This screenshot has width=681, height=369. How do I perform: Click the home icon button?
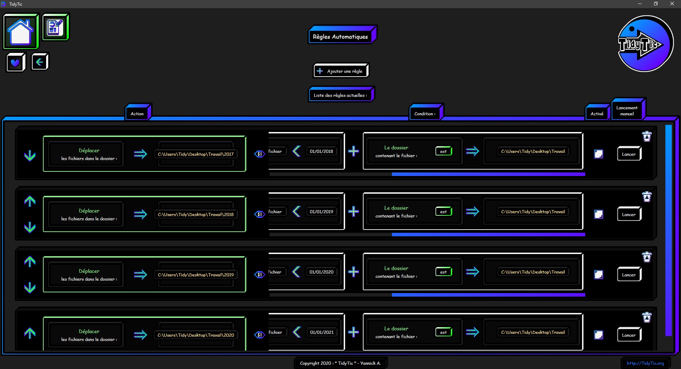[21, 31]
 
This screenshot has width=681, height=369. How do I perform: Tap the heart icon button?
[16, 62]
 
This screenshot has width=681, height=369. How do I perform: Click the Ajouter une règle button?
[341, 71]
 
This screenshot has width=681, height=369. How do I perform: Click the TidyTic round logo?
[645, 44]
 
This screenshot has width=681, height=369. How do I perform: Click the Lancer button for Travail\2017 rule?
[629, 154]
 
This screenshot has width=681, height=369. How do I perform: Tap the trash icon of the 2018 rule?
[647, 197]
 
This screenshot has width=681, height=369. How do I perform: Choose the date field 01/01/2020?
[321, 272]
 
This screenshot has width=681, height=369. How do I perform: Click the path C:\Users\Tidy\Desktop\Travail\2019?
[196, 275]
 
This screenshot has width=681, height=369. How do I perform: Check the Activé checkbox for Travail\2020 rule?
[599, 335]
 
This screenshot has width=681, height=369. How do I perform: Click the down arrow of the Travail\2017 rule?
[30, 156]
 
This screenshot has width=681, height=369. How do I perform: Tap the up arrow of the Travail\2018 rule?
[30, 201]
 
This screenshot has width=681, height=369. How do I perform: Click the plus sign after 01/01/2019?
[353, 212]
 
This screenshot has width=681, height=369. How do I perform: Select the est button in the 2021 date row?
[444, 332]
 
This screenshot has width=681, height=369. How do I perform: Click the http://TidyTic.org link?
[645, 363]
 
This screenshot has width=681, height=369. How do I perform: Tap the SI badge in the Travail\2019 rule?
[260, 275]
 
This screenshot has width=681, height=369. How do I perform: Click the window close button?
[672, 4]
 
